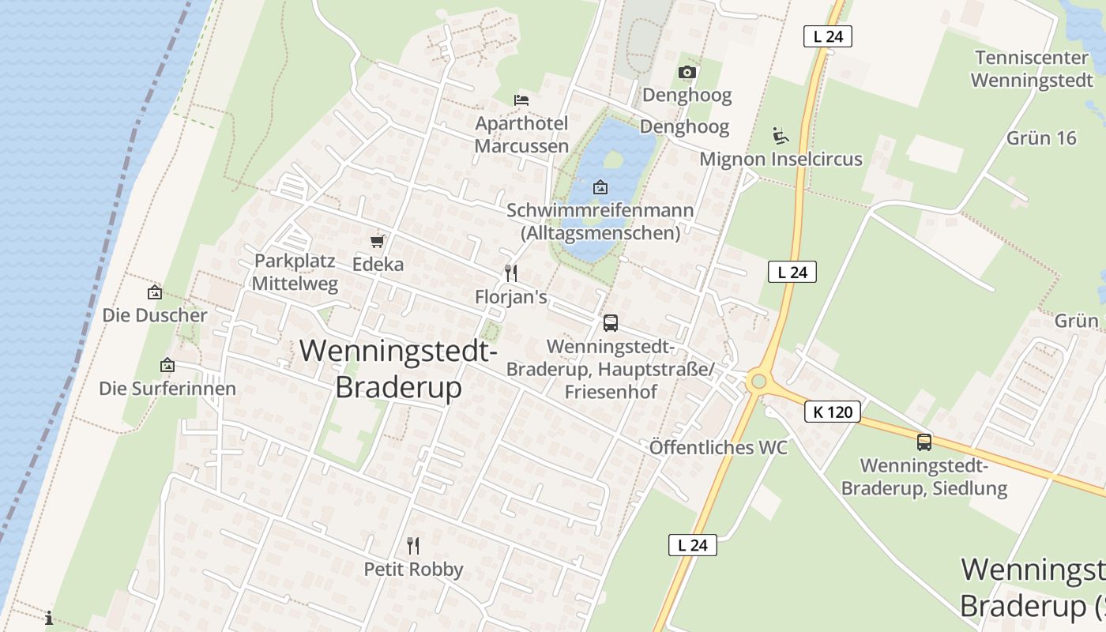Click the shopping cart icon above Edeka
pyautogui.click(x=378, y=241)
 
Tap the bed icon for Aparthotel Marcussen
pyautogui.click(x=521, y=100)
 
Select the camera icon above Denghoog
pyautogui.click(x=687, y=73)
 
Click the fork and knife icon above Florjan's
pyautogui.click(x=511, y=273)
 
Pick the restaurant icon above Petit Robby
pyautogui.click(x=412, y=545)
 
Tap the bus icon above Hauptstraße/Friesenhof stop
pyautogui.click(x=611, y=322)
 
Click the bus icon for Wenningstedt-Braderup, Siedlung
pyautogui.click(x=924, y=442)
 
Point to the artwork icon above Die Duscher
pyautogui.click(x=155, y=292)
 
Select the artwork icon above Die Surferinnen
pyautogui.click(x=167, y=366)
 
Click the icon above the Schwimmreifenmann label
pyautogui.click(x=600, y=187)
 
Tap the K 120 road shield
pyautogui.click(x=833, y=412)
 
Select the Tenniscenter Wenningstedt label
pyautogui.click(x=1032, y=69)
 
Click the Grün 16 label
pyautogui.click(x=1041, y=138)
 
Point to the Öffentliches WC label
pyautogui.click(x=718, y=448)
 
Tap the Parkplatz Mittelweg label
pyautogui.click(x=295, y=273)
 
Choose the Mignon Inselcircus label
pyautogui.click(x=781, y=160)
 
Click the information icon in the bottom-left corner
pyautogui.click(x=49, y=618)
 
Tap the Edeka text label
pyautogui.click(x=378, y=265)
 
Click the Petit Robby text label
pyautogui.click(x=413, y=570)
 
